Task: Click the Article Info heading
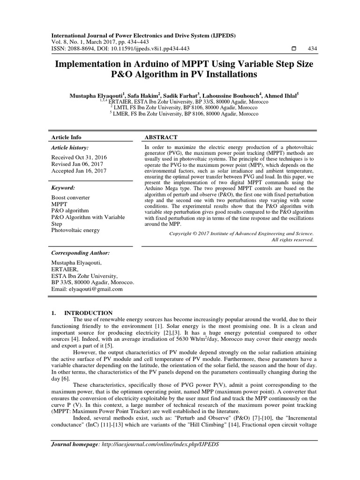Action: [66, 137]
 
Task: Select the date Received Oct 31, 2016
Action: [79, 158]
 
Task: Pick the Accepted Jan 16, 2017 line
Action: [79, 172]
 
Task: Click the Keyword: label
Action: [64, 187]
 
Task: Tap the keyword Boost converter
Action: [70, 198]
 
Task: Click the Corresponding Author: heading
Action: [80, 252]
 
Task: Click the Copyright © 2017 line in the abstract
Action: [241, 233]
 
